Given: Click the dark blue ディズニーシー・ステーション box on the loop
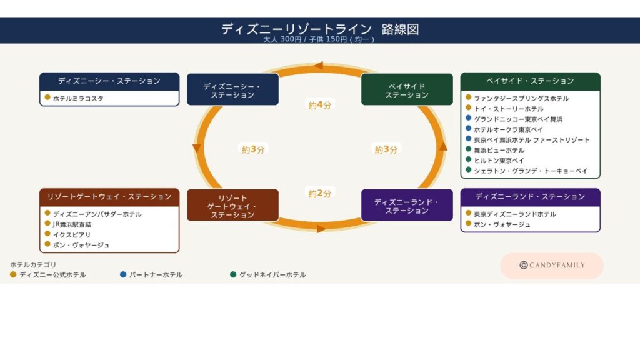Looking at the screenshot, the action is click(232, 89).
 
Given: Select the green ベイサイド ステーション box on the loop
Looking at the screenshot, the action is click(407, 89).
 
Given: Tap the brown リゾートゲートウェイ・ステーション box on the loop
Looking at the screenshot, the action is click(232, 205).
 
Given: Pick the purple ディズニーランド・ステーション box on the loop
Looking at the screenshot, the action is click(407, 205).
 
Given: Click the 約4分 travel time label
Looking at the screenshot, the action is click(319, 105).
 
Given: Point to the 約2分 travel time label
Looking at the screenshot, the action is click(319, 194).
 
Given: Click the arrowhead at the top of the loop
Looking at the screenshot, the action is click(318, 65).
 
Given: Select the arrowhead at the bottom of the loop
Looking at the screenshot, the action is click(321, 229).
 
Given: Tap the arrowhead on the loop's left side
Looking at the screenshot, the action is click(197, 148).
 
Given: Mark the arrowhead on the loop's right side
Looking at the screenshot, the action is click(443, 146).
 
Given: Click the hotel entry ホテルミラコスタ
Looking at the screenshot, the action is click(78, 98).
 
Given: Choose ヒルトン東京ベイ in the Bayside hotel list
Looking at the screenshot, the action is click(499, 161).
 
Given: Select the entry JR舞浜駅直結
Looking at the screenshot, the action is click(72, 224).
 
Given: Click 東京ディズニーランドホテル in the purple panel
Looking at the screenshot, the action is click(515, 214).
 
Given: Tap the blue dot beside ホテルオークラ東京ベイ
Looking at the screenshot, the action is click(469, 128).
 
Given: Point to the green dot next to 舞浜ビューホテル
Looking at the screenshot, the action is click(469, 149).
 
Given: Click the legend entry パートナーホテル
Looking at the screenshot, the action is click(156, 275).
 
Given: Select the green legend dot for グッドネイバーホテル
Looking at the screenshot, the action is click(233, 275).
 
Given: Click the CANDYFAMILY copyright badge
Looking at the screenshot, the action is click(552, 266).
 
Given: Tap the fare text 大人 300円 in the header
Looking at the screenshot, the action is click(282, 39).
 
